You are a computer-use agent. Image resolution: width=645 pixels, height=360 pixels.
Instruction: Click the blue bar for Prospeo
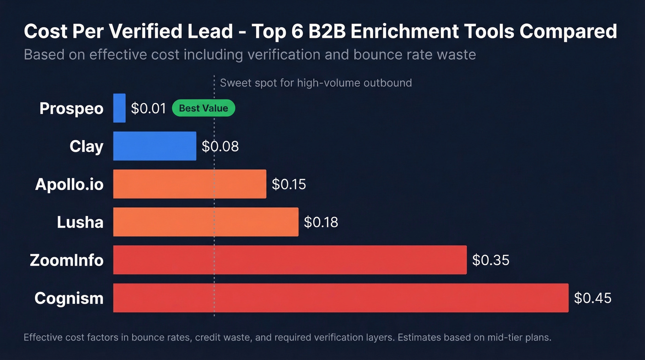click(119, 108)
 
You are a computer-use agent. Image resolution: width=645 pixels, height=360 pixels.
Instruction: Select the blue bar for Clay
click(155, 146)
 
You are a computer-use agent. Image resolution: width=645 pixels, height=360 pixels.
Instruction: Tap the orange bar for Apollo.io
click(190, 184)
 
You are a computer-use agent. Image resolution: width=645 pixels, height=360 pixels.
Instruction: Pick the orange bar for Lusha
click(206, 222)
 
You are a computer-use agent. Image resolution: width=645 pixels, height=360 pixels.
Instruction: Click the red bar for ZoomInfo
click(290, 260)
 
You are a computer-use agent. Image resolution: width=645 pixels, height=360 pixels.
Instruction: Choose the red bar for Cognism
click(341, 298)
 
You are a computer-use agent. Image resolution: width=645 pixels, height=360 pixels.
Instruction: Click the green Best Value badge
click(203, 108)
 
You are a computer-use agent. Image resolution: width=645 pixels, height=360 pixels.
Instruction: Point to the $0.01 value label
click(148, 108)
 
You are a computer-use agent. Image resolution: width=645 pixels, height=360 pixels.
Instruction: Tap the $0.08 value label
click(220, 147)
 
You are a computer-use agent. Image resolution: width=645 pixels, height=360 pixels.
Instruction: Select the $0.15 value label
click(289, 184)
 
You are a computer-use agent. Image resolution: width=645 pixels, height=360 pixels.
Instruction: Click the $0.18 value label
click(321, 222)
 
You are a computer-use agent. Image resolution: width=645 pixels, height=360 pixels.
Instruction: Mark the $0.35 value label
click(491, 260)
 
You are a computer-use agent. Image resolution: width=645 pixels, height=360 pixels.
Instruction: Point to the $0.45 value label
click(592, 298)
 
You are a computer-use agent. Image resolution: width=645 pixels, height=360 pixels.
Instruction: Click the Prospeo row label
click(71, 108)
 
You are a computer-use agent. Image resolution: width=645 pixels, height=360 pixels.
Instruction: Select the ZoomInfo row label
click(67, 260)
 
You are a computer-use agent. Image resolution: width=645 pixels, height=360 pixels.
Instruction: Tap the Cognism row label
click(69, 298)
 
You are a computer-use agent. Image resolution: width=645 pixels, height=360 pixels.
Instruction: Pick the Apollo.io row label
click(70, 184)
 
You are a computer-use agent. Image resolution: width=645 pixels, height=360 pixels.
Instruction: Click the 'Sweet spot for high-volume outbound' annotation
click(316, 83)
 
